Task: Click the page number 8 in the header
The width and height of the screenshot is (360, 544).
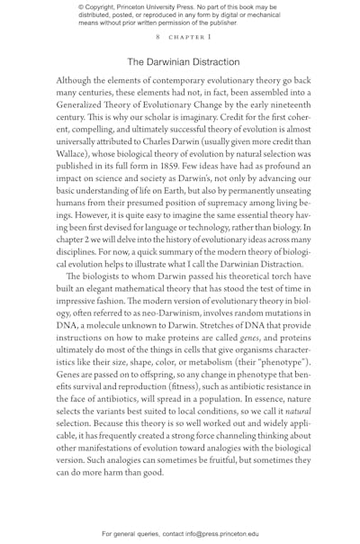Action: (157, 38)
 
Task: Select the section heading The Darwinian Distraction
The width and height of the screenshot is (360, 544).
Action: (183, 62)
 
